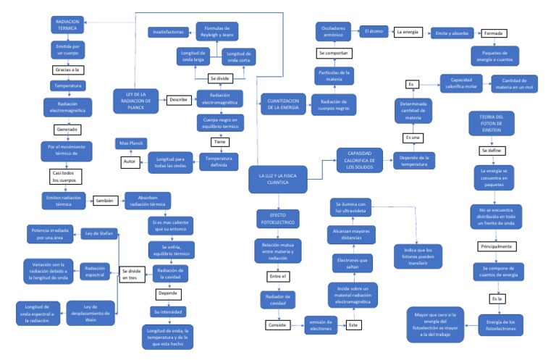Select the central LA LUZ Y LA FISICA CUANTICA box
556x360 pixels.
pyautogui.click(x=278, y=178)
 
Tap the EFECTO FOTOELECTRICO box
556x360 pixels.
pyautogui.click(x=278, y=219)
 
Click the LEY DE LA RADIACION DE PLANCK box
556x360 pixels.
pyautogui.click(x=136, y=101)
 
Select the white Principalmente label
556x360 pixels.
pyautogui.click(x=495, y=246)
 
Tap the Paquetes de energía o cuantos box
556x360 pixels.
pyautogui.click(x=496, y=55)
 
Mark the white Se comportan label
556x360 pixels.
pyautogui.click(x=334, y=54)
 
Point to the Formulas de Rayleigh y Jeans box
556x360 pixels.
pyautogui.click(x=218, y=31)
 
